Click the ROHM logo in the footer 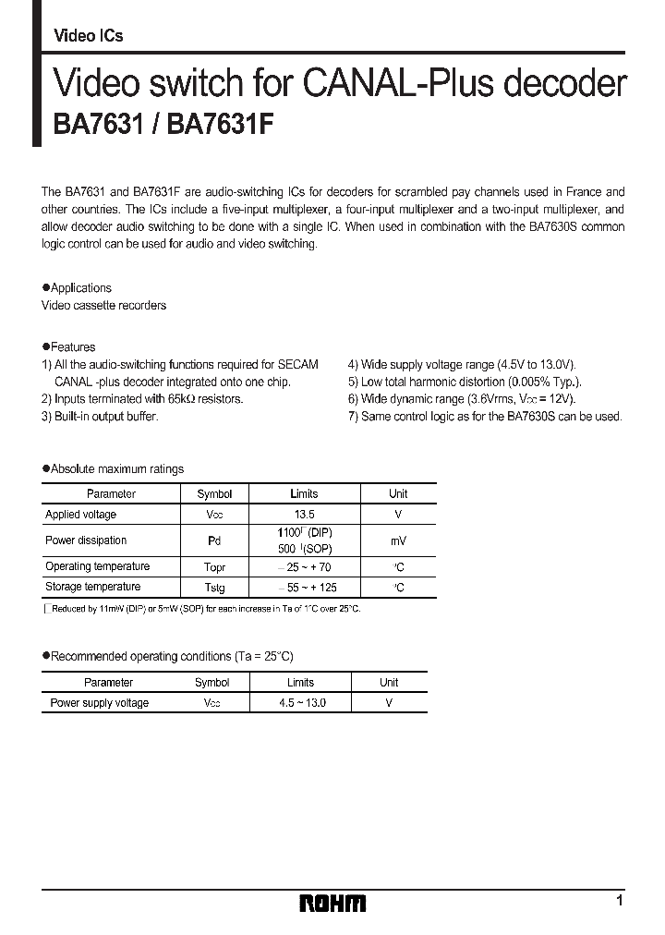pos(332,903)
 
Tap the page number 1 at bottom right pos(620,901)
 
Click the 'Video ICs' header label pos(89,36)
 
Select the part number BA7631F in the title pos(221,125)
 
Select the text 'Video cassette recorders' pos(103,306)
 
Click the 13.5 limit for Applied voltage pos(305,515)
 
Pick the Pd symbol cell pos(214,540)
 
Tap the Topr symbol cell pos(214,567)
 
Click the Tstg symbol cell pos(214,588)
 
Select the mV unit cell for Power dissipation pos(397,540)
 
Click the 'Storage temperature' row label pos(92,588)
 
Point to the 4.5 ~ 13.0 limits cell pos(301,703)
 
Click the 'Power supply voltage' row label pos(99,703)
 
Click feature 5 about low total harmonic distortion pos(465,382)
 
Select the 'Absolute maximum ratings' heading pos(116,469)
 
